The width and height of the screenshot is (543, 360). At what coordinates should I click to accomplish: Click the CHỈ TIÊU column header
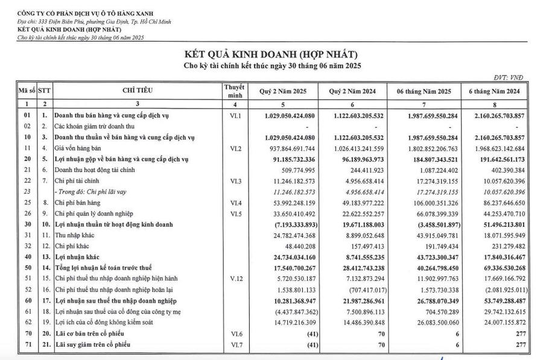(x=138, y=90)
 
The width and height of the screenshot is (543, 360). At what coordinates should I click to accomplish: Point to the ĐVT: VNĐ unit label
(x=510, y=78)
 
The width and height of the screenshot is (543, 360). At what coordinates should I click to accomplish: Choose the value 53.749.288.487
(x=497, y=301)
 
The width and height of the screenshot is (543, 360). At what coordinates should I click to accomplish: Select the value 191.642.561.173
(x=495, y=159)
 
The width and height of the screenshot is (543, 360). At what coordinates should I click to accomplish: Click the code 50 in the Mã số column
(x=27, y=268)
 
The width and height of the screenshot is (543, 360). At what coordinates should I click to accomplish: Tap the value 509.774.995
(x=294, y=169)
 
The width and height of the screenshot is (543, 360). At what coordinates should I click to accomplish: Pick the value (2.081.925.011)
(x=498, y=290)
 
